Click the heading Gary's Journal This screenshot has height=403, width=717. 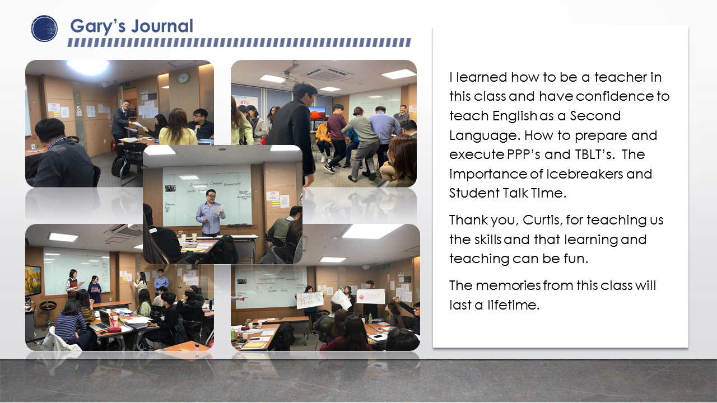pos(132,26)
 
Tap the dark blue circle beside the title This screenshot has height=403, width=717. pos(44,29)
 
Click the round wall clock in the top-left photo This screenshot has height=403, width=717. pos(183,78)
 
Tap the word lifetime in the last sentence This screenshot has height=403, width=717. pos(514,305)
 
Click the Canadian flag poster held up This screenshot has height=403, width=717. pos(371,296)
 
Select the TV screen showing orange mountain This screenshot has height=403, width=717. pos(317,114)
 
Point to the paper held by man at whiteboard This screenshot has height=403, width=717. pos(218,209)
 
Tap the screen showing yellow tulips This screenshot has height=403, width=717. pos(33,280)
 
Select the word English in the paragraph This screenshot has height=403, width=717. pos(515,116)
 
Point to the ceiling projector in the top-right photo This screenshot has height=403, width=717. pos(290,71)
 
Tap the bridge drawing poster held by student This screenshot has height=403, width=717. pos(310,301)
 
